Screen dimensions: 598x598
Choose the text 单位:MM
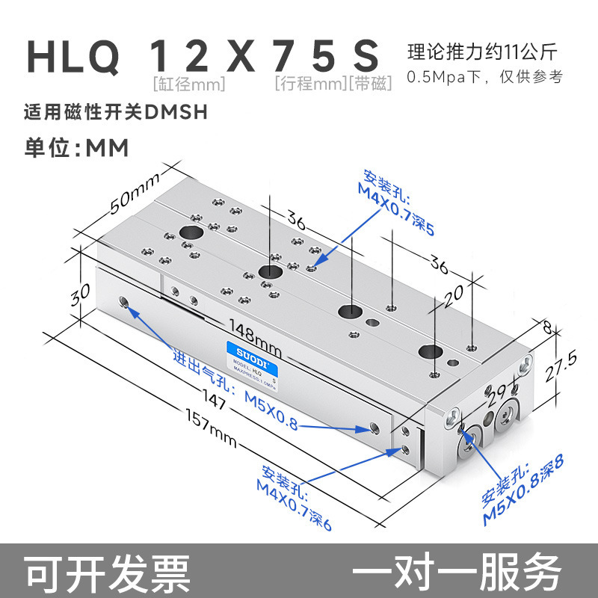77,147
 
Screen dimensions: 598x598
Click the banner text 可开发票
108,572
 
